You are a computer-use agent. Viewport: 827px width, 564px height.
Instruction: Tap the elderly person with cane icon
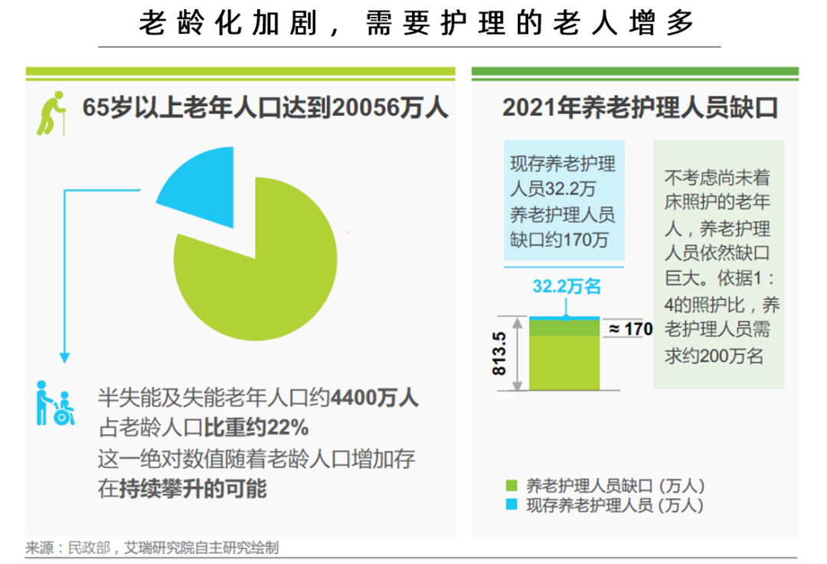pos(51,113)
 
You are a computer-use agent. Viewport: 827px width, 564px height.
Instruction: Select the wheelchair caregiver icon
pos(56,403)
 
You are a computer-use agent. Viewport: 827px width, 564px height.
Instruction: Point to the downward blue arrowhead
pos(65,356)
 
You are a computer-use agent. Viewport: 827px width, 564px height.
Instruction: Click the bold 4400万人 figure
pos(374,398)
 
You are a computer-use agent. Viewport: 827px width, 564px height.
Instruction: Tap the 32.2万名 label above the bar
pos(567,287)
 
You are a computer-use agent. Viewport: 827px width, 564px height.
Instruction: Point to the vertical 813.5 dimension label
pos(499,353)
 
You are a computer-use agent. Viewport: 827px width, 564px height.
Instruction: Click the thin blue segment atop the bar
pos(565,316)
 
